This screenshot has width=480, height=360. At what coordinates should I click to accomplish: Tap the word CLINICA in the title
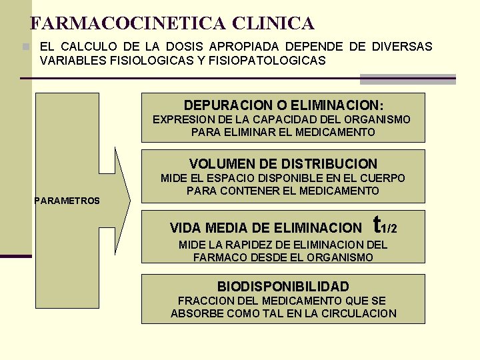[273, 24]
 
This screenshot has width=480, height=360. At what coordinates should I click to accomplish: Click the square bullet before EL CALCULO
[25, 47]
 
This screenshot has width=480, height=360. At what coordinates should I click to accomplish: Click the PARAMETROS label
[67, 201]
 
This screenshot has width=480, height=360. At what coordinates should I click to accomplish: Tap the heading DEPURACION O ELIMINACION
[283, 105]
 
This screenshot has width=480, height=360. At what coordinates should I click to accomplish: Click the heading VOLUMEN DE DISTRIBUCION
[283, 163]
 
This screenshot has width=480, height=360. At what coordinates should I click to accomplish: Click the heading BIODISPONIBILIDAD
[283, 287]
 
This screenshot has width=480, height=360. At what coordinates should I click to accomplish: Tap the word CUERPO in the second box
[383, 178]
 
